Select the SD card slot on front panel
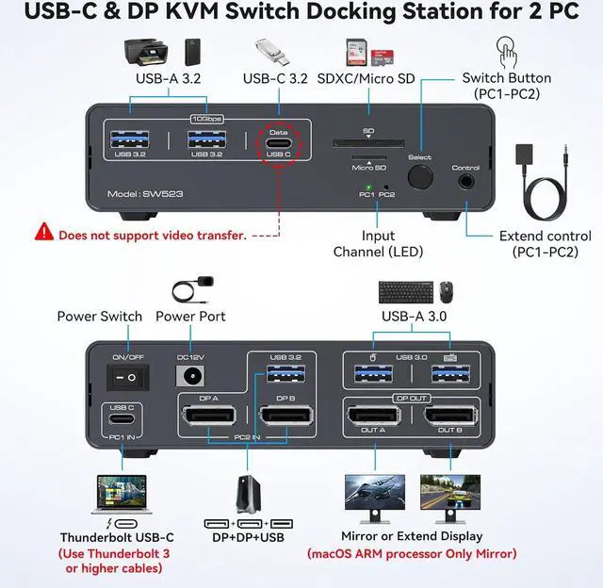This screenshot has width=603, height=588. pyautogui.click(x=368, y=144)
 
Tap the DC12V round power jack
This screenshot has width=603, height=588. pyautogui.click(x=192, y=377)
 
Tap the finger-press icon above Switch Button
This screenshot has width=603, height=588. pyautogui.click(x=507, y=49)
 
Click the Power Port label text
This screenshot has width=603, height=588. pyautogui.click(x=190, y=317)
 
